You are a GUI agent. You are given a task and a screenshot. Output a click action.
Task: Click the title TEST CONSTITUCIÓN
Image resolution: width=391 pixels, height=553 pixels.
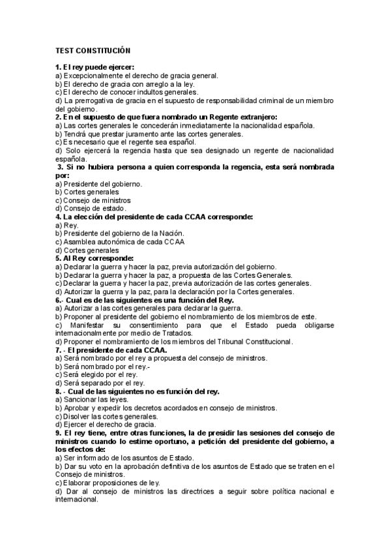[93, 50]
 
